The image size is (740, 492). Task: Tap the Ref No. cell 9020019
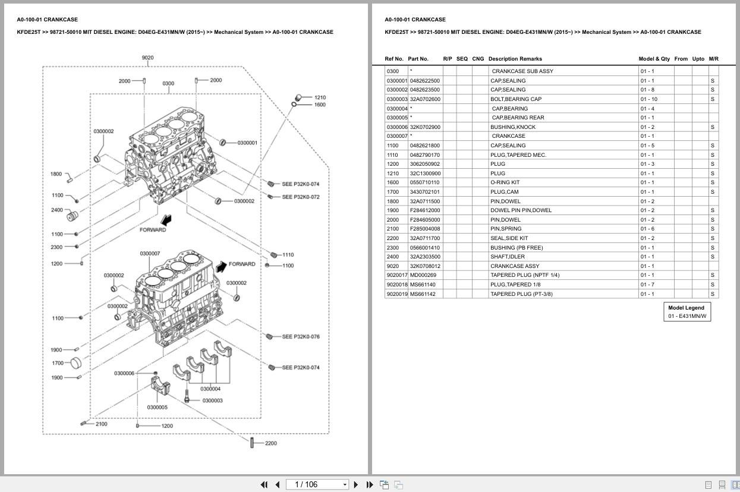point(396,294)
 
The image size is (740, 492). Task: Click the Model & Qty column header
point(654,59)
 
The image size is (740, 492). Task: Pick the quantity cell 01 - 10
point(648,99)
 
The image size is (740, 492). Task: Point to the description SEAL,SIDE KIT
point(509,238)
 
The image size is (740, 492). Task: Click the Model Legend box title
point(686,308)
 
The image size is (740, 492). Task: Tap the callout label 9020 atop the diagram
point(147,58)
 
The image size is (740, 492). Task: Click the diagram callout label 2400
point(56,210)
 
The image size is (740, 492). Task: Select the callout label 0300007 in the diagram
point(150,254)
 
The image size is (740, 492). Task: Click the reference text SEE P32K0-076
point(301,337)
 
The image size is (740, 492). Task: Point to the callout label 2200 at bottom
point(271,443)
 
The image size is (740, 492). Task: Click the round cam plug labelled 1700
point(75,362)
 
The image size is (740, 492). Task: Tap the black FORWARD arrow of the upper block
point(167,220)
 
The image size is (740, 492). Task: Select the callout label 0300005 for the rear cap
point(157,408)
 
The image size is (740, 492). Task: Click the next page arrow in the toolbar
point(355,485)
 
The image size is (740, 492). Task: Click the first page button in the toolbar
point(264,485)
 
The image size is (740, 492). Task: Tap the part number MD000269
point(423,275)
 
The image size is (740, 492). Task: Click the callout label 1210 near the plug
point(320,97)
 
